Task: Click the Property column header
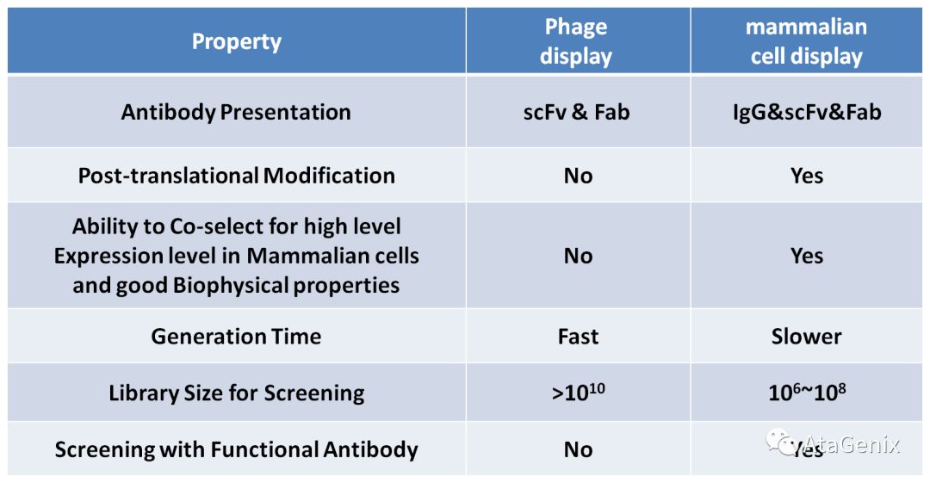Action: point(236,41)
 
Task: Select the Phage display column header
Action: point(576,41)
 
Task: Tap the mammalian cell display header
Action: point(806,41)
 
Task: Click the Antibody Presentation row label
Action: point(236,112)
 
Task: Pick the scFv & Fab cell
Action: point(576,112)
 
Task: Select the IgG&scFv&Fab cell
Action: point(806,112)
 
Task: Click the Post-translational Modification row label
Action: point(236,176)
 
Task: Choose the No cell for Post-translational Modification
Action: point(578,176)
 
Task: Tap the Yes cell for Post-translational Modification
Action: point(807,176)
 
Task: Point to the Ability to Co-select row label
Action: point(236,256)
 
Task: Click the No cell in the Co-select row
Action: point(578,256)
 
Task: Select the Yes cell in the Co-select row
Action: point(807,256)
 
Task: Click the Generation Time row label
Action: point(236,336)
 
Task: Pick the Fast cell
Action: point(578,336)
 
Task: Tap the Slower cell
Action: point(807,336)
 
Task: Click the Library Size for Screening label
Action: point(236,393)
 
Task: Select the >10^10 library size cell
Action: point(578,393)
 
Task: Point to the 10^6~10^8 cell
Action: point(807,393)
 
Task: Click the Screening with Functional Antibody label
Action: point(236,449)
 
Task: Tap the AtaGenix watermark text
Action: point(852,444)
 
